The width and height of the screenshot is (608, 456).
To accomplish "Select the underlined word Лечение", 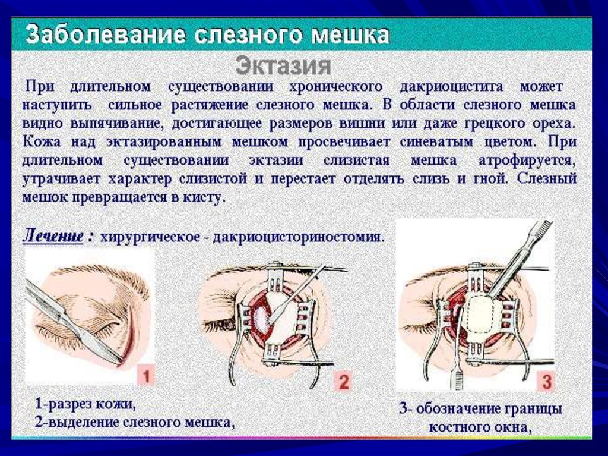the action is pos(53,235).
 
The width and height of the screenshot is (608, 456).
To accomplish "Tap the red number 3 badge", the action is pos(546,380).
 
